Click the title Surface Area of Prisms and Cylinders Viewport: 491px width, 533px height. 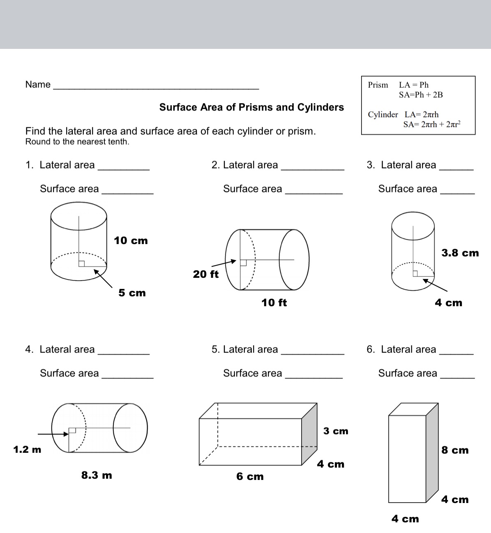pyautogui.click(x=251, y=107)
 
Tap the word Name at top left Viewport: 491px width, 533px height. pyautogui.click(x=38, y=85)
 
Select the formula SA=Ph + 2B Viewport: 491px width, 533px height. pyautogui.click(x=421, y=95)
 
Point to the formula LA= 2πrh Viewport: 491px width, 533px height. pyautogui.click(x=422, y=115)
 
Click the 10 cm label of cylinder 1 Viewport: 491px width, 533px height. pyautogui.click(x=131, y=241)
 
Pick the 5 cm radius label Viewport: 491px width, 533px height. pyautogui.click(x=132, y=293)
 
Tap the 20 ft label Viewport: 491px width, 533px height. pyautogui.click(x=206, y=274)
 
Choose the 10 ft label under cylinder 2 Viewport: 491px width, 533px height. pyautogui.click(x=274, y=303)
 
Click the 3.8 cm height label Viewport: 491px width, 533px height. pyautogui.click(x=460, y=253)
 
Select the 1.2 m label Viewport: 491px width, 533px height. pyautogui.click(x=27, y=450)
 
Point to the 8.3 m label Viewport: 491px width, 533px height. pyautogui.click(x=97, y=475)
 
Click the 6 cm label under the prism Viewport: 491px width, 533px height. pyautogui.click(x=250, y=477)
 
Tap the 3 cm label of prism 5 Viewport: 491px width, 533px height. pyautogui.click(x=336, y=431)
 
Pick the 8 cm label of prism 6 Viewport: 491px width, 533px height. pyautogui.click(x=455, y=450)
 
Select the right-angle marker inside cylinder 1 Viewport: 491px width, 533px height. pyautogui.click(x=82, y=264)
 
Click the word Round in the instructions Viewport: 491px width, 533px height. pyautogui.click(x=35, y=142)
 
